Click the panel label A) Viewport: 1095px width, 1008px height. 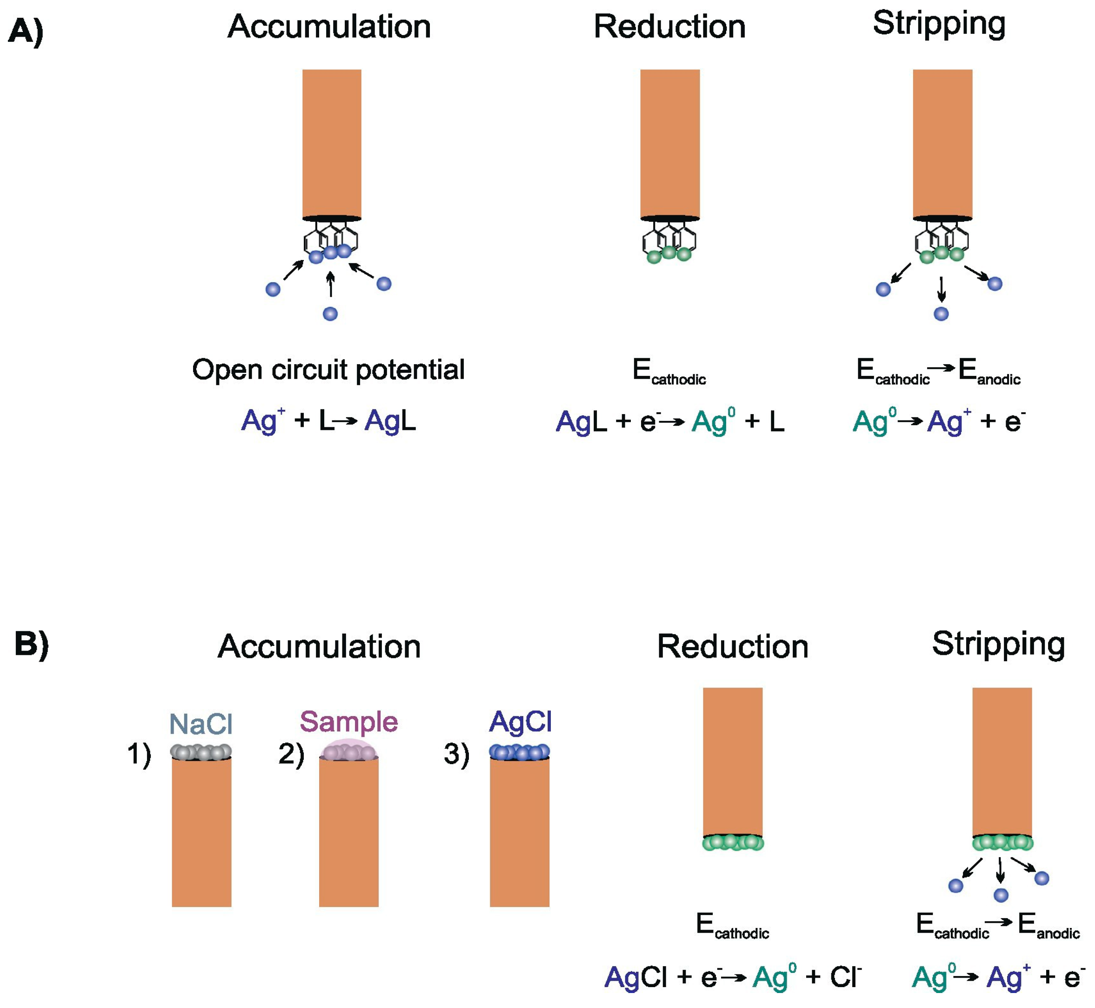click(x=26, y=31)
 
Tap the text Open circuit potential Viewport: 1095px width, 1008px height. click(x=328, y=370)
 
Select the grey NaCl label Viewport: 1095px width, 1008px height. click(x=201, y=724)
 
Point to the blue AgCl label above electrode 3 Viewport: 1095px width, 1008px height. click(x=520, y=722)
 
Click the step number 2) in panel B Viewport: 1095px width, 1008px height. click(x=291, y=754)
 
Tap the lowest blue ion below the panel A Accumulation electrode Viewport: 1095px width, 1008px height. click(x=330, y=314)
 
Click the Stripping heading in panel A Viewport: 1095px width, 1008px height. click(x=939, y=24)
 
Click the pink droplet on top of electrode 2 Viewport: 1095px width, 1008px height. click(x=348, y=750)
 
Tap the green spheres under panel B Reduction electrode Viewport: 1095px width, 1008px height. click(x=732, y=843)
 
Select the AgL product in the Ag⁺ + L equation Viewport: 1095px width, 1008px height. click(x=390, y=421)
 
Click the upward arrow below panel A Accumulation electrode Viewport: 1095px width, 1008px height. click(x=330, y=285)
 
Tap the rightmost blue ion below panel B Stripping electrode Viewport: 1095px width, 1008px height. click(x=1041, y=879)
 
